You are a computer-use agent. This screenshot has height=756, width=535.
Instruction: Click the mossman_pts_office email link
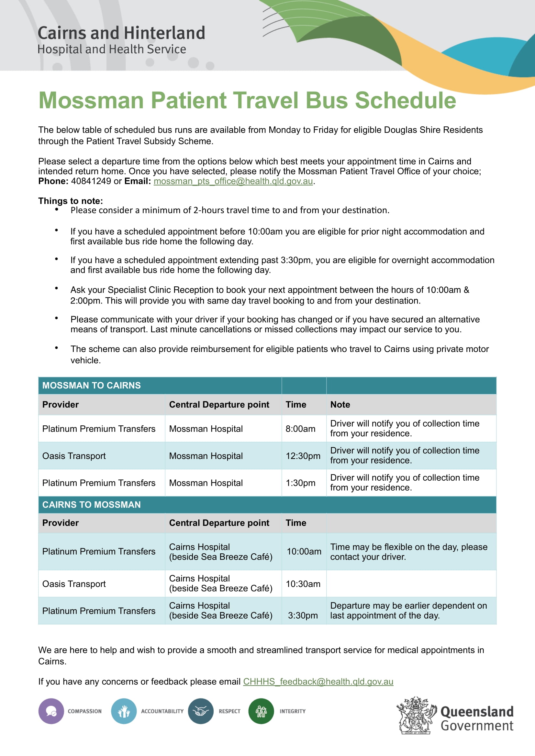click(233, 181)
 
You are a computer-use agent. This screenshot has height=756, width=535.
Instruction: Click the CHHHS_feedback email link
click(318, 681)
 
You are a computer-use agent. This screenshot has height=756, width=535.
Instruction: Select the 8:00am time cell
click(300, 429)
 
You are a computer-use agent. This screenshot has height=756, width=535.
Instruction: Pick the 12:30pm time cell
click(303, 456)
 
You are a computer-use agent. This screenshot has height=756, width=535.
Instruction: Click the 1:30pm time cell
click(300, 483)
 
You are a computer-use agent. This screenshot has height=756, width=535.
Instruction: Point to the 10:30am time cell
click(303, 584)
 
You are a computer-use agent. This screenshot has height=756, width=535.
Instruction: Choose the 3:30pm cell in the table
click(303, 615)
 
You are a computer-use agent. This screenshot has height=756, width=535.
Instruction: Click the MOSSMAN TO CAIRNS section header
click(91, 385)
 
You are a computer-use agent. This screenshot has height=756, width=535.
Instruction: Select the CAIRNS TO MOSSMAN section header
click(91, 505)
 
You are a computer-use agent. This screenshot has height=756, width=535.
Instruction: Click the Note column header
click(340, 404)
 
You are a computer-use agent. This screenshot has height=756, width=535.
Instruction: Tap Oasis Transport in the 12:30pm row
click(74, 456)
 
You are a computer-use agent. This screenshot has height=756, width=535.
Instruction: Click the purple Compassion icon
click(51, 711)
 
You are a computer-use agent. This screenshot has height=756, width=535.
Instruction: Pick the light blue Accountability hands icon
click(124, 711)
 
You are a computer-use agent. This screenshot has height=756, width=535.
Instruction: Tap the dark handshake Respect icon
click(200, 711)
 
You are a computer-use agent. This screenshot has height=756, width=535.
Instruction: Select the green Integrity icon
click(261, 711)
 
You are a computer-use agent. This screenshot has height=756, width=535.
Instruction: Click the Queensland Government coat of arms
click(416, 715)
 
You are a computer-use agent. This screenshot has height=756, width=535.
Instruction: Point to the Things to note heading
click(71, 201)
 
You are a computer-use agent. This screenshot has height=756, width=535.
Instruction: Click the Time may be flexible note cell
click(408, 551)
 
